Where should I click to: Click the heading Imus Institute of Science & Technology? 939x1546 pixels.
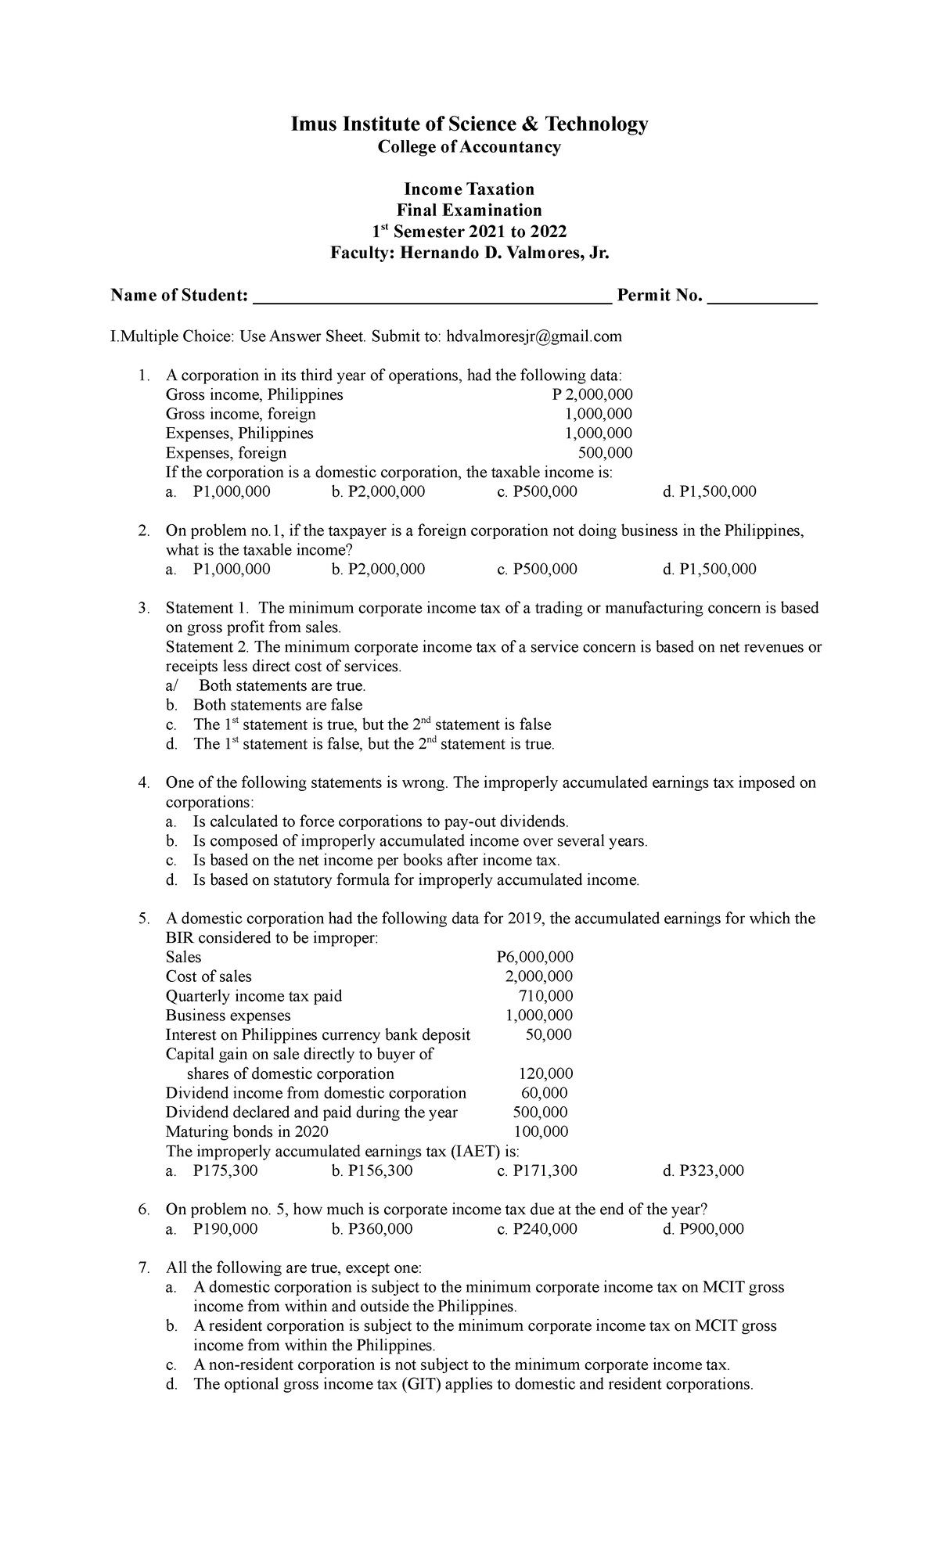[469, 124]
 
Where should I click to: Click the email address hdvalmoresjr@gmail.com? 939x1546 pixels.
[534, 336]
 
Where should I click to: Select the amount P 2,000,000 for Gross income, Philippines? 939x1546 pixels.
[592, 395]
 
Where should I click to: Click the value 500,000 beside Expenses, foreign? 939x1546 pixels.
[605, 453]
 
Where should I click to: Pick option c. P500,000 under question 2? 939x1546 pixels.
[537, 570]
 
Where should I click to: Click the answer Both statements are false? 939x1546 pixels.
[278, 705]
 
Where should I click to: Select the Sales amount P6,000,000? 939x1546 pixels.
[535, 957]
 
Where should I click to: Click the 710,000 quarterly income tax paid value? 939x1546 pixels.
[546, 996]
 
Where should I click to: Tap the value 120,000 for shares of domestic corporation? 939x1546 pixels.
[546, 1073]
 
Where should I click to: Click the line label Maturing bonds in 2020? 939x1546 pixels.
[247, 1131]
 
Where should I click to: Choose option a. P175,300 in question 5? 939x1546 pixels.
[213, 1170]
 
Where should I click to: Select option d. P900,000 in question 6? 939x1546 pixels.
[703, 1228]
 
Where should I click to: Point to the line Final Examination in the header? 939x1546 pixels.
[469, 210]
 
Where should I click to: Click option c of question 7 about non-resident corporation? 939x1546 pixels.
[462, 1364]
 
